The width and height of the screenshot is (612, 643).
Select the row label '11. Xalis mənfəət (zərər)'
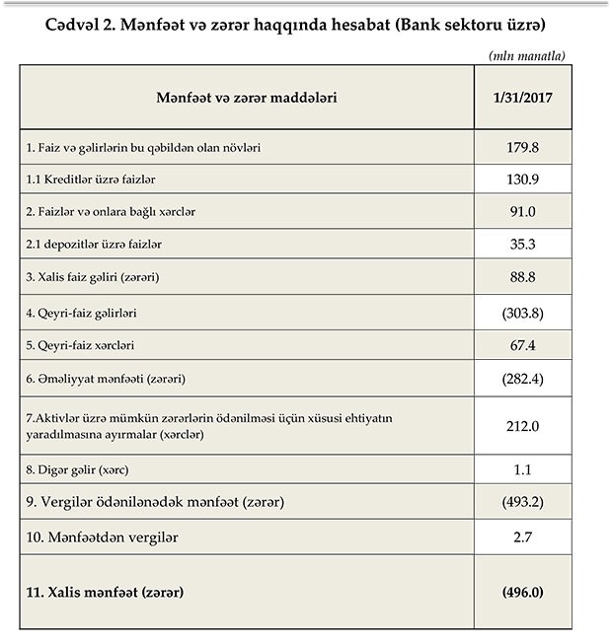pos(108,592)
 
